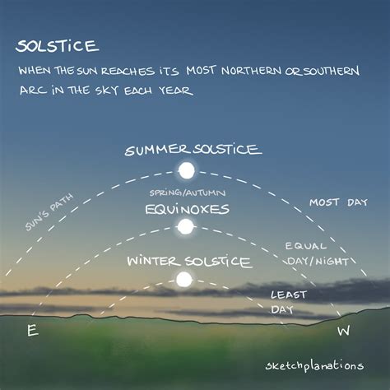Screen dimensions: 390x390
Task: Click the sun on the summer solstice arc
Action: tap(187, 171)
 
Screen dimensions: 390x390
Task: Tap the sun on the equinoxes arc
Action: tap(186, 226)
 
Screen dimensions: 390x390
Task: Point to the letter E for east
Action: tap(32, 331)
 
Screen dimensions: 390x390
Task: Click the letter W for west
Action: tap(343, 331)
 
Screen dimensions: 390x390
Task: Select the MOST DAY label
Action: tap(333, 202)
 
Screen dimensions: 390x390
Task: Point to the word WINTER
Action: tap(153, 262)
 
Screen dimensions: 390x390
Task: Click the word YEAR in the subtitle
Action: tap(176, 91)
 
